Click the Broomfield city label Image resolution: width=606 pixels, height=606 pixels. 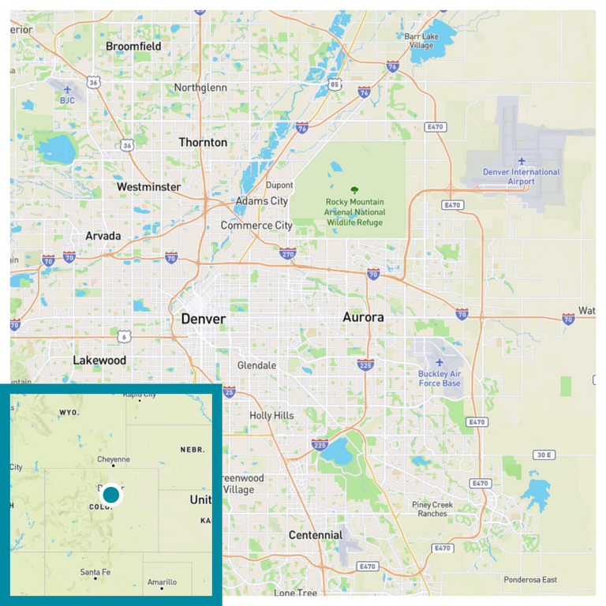(x=133, y=47)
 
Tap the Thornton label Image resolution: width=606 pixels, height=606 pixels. (x=203, y=143)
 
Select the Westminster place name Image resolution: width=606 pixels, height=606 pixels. (x=148, y=187)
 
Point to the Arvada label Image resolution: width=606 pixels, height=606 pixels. (x=103, y=236)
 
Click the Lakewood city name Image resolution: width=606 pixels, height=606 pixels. (x=99, y=361)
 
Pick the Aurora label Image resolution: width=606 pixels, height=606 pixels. (x=363, y=317)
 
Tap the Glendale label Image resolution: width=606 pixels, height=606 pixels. (x=257, y=365)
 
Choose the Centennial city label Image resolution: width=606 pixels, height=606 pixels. (x=316, y=535)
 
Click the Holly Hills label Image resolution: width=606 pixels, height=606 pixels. (x=271, y=416)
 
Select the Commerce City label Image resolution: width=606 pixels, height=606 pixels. (x=256, y=226)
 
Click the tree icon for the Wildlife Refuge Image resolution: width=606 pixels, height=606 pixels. (x=355, y=189)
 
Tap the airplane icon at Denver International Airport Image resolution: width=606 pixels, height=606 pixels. (x=521, y=160)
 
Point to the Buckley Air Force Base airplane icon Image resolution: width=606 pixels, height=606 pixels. (x=440, y=362)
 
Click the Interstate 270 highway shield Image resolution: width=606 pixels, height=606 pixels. (x=288, y=254)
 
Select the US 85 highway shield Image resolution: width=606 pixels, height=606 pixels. (x=335, y=85)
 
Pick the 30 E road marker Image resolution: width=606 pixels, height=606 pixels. (x=543, y=455)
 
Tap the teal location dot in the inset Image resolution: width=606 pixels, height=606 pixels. (x=111, y=495)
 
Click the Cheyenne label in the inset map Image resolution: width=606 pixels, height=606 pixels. (x=113, y=459)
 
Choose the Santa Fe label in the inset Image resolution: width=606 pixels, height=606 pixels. (x=95, y=572)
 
